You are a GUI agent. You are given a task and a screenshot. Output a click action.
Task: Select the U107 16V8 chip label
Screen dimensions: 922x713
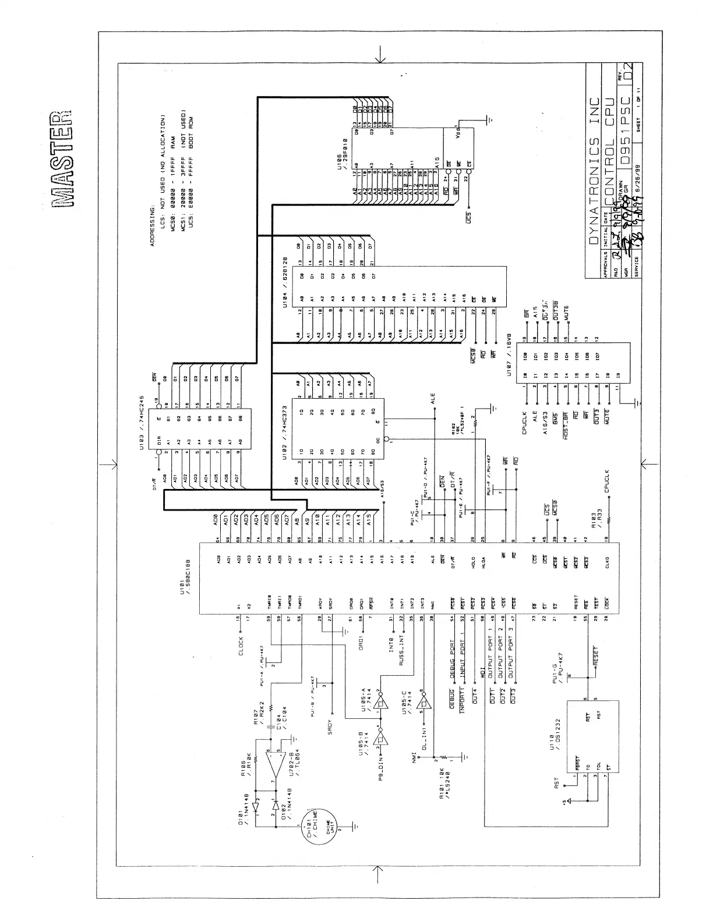(x=509, y=354)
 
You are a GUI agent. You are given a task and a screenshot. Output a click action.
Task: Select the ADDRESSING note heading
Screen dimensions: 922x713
(x=153, y=224)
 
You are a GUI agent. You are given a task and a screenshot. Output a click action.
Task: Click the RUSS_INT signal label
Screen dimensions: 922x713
(x=401, y=651)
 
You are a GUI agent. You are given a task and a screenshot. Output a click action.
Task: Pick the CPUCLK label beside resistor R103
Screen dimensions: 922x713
(x=607, y=481)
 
